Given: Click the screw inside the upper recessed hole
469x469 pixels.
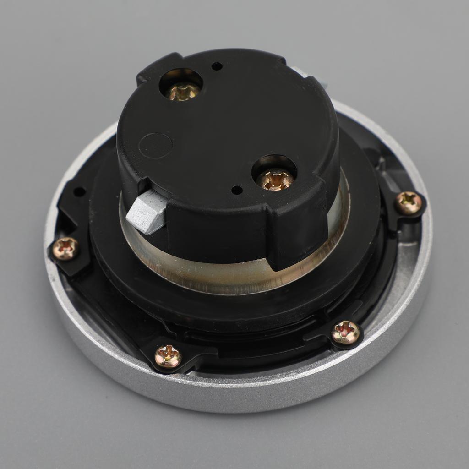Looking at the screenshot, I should (x=182, y=91).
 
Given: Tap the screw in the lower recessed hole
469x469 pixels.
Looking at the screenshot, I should (x=275, y=179).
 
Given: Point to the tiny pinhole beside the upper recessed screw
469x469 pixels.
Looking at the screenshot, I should (x=217, y=66).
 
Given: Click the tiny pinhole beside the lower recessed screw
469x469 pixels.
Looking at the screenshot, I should (x=237, y=190).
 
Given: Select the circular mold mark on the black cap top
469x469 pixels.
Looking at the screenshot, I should (x=155, y=145).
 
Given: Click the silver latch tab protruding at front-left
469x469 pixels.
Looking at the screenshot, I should (x=146, y=211).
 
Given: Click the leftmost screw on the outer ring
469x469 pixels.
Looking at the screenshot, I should (x=65, y=248).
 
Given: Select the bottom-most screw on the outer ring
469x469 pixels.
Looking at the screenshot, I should (x=168, y=356).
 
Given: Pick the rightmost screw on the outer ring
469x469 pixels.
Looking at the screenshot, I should (x=408, y=202).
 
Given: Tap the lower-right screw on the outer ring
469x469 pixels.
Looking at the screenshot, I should (x=345, y=332).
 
